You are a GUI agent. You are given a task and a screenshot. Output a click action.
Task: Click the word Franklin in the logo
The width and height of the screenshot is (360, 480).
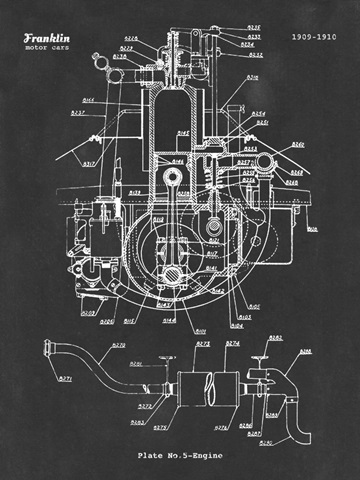pyautogui.click(x=48, y=38)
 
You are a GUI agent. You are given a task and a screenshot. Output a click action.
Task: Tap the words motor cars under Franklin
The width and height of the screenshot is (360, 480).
pyautogui.click(x=47, y=48)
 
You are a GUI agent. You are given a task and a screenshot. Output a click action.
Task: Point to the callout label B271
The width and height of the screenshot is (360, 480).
pyautogui.click(x=65, y=380)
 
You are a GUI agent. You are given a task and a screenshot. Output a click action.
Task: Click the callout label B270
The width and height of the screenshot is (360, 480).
pyautogui.click(x=118, y=345)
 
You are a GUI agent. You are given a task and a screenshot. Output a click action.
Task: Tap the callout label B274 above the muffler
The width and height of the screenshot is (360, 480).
pyautogui.click(x=232, y=344)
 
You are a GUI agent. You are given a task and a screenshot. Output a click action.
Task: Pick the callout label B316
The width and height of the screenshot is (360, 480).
pyautogui.click(x=252, y=77)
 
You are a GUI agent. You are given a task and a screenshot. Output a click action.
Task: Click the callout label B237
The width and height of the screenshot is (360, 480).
pyautogui.click(x=77, y=113)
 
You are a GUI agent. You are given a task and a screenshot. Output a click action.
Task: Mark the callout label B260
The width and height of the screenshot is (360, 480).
pyautogui.click(x=297, y=145)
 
